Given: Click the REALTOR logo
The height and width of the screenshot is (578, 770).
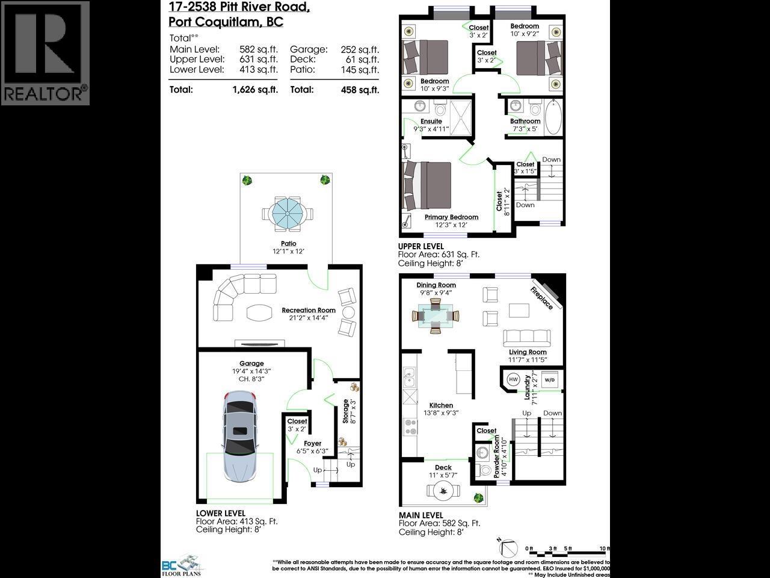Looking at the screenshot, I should [45, 53].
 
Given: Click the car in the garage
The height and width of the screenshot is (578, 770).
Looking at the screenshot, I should [240, 440].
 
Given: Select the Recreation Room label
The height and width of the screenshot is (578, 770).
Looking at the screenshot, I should [309, 311].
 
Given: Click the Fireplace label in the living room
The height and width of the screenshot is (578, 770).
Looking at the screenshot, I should [541, 297].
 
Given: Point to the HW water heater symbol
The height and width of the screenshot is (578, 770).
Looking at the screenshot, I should [513, 380].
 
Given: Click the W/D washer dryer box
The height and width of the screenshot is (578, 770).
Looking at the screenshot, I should [550, 380].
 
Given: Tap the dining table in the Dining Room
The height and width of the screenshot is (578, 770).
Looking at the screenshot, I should [436, 315].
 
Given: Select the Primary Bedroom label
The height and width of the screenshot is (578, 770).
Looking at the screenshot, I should [451, 217].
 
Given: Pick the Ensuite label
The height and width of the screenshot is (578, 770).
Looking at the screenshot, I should [431, 122].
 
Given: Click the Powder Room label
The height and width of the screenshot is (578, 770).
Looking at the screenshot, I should [497, 458].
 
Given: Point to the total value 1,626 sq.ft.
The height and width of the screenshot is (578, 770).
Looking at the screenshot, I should [255, 90].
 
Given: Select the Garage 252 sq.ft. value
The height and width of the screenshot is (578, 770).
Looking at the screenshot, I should [360, 49].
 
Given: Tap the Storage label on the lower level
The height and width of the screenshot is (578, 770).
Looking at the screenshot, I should [345, 411].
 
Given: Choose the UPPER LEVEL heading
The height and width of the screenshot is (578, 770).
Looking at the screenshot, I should [421, 246].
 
